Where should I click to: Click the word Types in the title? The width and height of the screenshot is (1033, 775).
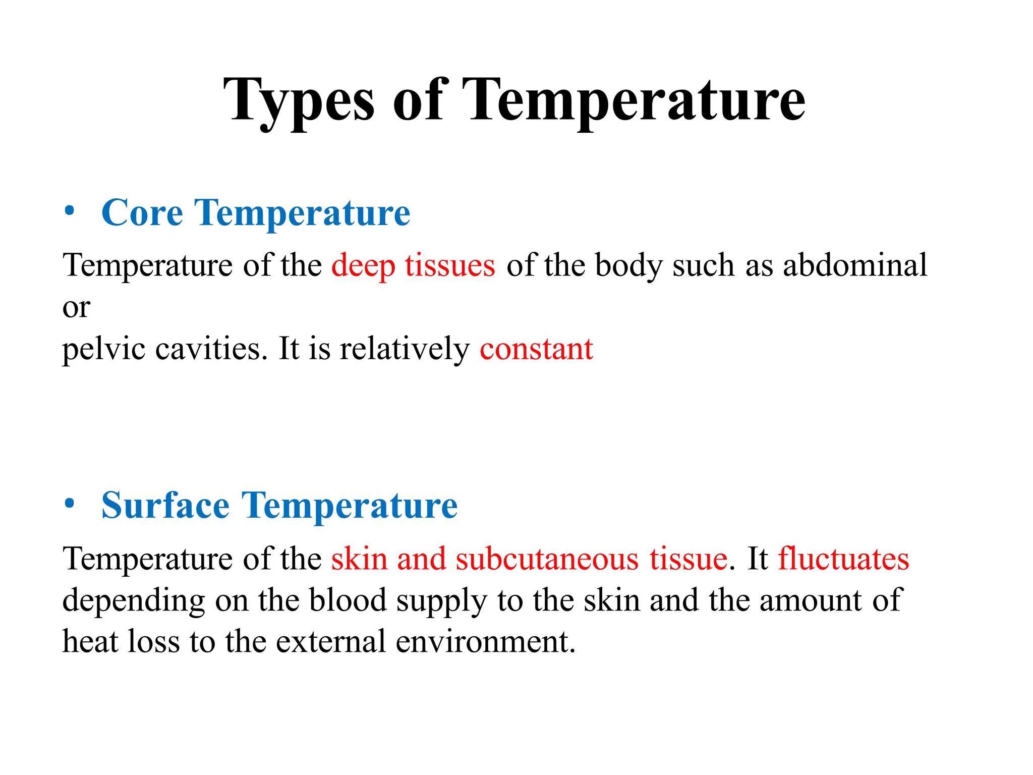point(299,101)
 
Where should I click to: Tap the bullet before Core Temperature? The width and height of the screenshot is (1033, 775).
point(70,212)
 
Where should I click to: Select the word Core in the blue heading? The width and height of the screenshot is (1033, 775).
point(142,213)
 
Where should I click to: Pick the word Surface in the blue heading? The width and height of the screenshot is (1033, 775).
point(165,506)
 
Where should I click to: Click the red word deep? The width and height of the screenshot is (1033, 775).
point(363,266)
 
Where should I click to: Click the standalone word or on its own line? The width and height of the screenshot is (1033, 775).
point(76,307)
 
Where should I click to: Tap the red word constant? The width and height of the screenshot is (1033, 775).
point(536,349)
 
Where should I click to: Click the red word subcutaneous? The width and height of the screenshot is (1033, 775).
point(547,559)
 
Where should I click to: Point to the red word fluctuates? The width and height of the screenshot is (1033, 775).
point(843,559)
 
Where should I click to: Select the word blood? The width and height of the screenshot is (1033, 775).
point(348,600)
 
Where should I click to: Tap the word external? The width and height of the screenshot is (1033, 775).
point(330,642)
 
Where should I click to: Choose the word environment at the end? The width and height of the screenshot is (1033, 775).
point(484,642)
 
